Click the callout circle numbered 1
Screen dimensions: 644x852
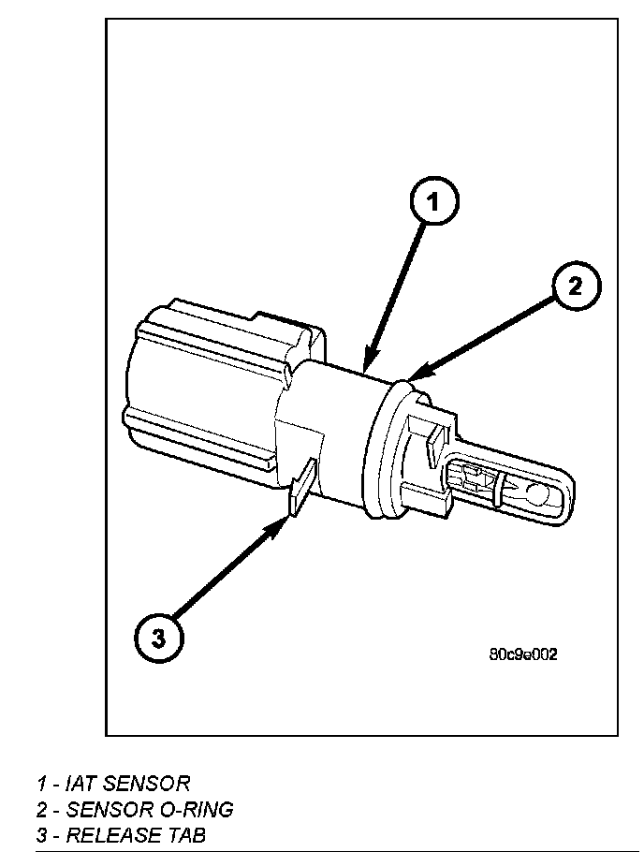[433, 199]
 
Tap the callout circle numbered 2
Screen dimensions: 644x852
[576, 286]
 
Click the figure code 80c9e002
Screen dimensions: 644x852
[522, 654]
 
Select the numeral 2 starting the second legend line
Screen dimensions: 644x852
[42, 809]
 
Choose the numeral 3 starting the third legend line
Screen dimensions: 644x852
[42, 834]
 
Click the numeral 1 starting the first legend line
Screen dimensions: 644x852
[42, 783]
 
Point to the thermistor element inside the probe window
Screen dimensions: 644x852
[478, 478]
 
